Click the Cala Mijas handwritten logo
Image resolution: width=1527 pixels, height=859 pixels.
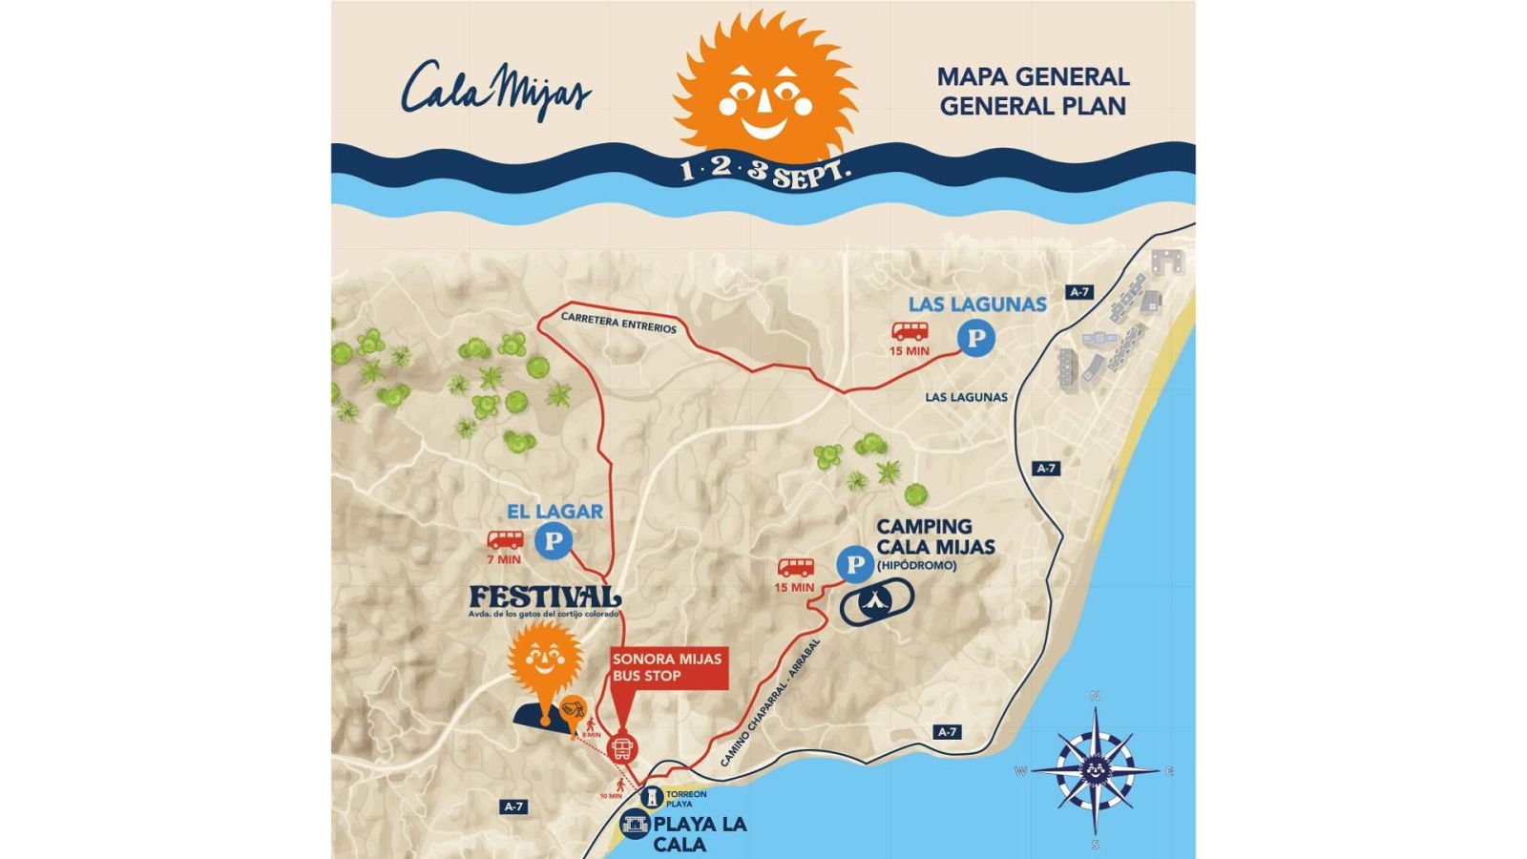click(x=494, y=90)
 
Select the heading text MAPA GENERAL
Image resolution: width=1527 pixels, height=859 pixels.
click(x=1033, y=76)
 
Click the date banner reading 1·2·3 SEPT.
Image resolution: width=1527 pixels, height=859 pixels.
click(x=764, y=173)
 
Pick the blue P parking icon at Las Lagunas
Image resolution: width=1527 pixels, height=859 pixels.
click(x=975, y=339)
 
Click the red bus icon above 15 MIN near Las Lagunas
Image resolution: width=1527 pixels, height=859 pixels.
click(x=910, y=331)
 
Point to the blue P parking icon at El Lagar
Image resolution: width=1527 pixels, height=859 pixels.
click(x=554, y=542)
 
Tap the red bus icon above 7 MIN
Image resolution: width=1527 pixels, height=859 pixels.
click(x=505, y=540)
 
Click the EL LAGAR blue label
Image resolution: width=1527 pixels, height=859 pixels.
click(x=554, y=512)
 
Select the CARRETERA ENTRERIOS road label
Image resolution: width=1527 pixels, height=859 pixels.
click(x=618, y=323)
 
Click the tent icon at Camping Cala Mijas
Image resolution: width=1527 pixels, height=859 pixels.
click(x=876, y=601)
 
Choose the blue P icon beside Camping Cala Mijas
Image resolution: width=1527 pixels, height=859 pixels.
click(x=854, y=565)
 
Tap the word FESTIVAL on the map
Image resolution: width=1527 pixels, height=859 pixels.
click(x=544, y=597)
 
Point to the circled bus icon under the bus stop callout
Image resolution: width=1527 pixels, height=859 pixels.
click(x=622, y=748)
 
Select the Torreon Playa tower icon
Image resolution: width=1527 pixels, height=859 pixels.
click(x=652, y=797)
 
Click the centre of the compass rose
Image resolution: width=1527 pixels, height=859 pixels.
click(x=1095, y=769)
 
